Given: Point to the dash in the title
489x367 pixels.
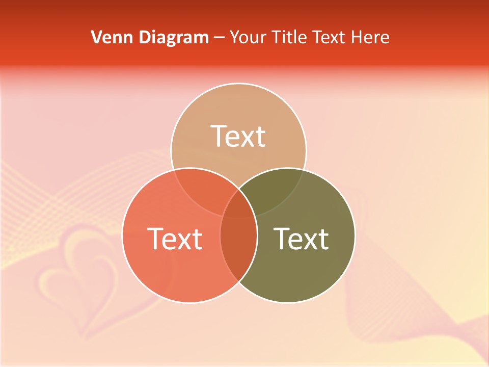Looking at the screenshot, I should click(220, 37).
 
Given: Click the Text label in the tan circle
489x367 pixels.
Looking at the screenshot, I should click(238, 136).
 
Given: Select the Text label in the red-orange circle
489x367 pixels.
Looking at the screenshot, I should click(175, 239).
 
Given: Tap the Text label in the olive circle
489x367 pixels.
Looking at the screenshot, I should click(302, 239).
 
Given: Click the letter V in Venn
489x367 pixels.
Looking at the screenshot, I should click(96, 37).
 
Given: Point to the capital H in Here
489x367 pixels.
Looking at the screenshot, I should click(363, 37).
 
